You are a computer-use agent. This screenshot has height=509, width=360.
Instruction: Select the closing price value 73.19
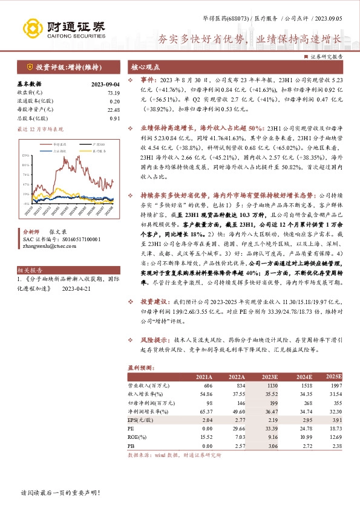coord(113,93)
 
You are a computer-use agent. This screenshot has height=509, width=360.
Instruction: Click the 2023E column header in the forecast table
coord(270,377)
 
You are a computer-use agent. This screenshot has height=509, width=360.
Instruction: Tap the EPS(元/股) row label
coord(140,418)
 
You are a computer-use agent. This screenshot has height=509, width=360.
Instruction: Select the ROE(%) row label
coord(138,436)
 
